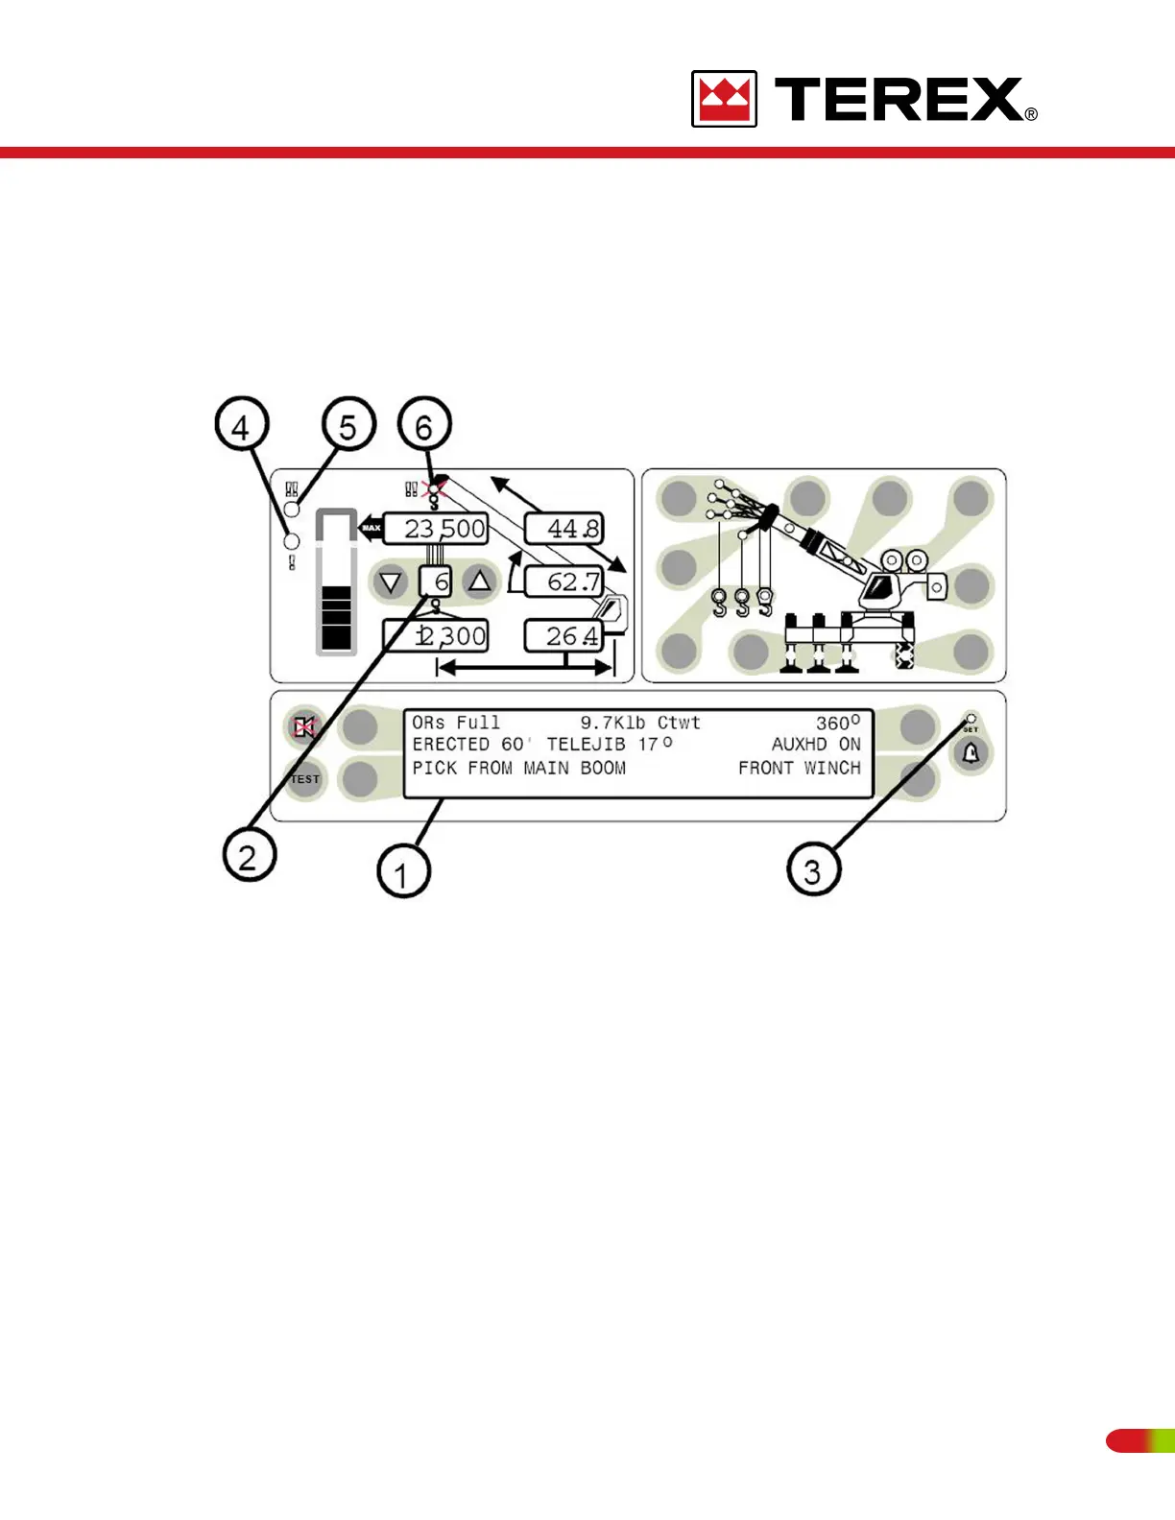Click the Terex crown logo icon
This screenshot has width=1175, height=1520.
724,99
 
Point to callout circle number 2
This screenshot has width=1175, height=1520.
249,855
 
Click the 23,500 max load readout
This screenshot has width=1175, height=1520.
436,529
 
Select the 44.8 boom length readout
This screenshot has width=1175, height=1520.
564,529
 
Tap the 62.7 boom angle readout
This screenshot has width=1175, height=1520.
564,582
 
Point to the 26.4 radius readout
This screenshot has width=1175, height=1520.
564,635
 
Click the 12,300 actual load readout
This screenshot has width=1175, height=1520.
436,635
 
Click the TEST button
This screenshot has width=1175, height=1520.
305,779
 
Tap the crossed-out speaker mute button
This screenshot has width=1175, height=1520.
304,727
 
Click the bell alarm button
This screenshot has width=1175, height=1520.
971,753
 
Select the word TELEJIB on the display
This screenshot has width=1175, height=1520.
586,745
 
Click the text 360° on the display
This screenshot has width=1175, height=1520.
837,723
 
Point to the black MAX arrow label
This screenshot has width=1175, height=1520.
371,528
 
